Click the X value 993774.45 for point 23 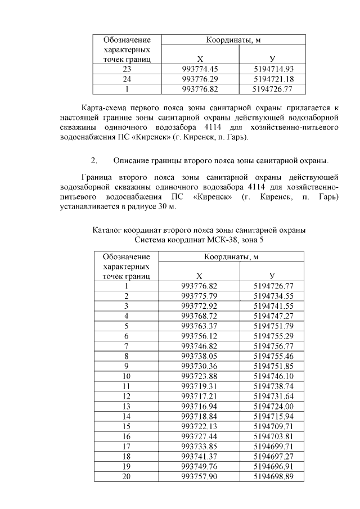tap(200, 69)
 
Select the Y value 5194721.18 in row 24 tap(273, 79)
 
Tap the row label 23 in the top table tap(127, 69)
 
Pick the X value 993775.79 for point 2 tap(199, 296)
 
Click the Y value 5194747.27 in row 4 tap(274, 316)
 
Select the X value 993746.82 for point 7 tap(199, 346)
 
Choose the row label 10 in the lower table tap(127, 376)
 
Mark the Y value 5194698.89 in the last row tap(274, 477)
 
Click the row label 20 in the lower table tap(127, 477)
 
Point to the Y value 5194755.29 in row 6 tap(274, 336)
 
